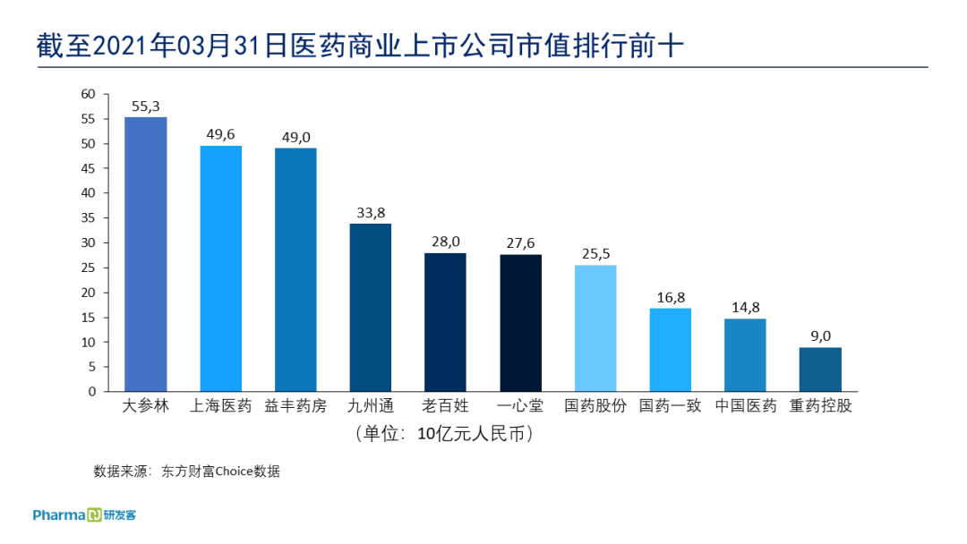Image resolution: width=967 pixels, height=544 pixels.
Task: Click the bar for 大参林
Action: coord(145,254)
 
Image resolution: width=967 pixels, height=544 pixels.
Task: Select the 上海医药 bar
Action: coord(220,268)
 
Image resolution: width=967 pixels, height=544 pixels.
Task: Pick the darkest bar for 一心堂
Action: coord(520,323)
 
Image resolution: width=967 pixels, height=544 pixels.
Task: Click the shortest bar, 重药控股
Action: coord(820,370)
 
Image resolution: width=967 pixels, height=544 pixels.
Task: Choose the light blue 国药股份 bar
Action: coord(595,328)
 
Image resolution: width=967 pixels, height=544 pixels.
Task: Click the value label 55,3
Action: coord(145,106)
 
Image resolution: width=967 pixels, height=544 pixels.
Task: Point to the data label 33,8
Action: coord(370,213)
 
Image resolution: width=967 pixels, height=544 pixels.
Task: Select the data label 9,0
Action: coord(820,336)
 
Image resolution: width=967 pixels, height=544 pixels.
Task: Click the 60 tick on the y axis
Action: coord(88,94)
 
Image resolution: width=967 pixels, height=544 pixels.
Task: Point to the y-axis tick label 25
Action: coord(88,268)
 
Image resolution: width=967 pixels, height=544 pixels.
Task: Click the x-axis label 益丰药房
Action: coord(295,406)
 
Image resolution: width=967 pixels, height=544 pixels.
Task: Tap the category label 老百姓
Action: coord(445,406)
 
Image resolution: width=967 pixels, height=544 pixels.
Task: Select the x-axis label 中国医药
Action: coord(745,406)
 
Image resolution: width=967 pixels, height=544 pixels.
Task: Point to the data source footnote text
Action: coord(186,472)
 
